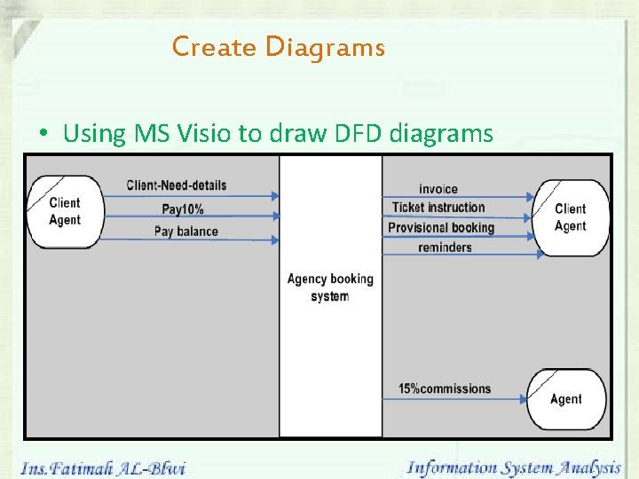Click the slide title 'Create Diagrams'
point(279,46)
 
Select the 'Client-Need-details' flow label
point(177,185)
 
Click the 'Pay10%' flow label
point(183,209)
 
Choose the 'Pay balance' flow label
point(185,232)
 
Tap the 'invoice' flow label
point(438,188)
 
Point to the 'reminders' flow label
point(445,247)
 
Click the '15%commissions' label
point(444,389)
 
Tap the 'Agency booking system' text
point(330,287)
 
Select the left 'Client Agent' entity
point(65,211)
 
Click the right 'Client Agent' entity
point(570,217)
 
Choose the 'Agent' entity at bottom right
point(566,399)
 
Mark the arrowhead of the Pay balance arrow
point(274,239)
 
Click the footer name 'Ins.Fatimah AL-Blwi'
point(103,467)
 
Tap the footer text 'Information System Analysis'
point(513,467)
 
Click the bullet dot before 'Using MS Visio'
point(43,135)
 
